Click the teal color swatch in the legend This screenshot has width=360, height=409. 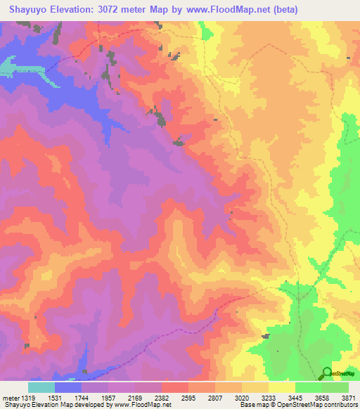point(41,387)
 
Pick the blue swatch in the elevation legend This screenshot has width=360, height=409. point(68,387)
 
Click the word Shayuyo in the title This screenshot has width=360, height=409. point(28,9)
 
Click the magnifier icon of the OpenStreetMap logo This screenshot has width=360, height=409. point(328,372)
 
